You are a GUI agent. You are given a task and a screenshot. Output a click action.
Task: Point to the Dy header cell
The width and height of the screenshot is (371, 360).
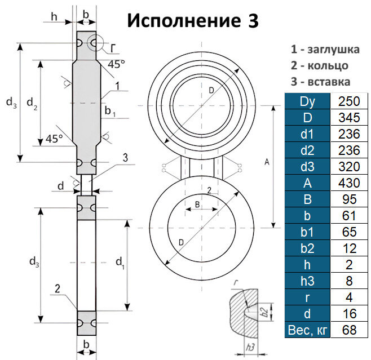[305, 101]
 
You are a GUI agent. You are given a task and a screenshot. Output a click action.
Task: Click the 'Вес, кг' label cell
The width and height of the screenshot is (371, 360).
[305, 330]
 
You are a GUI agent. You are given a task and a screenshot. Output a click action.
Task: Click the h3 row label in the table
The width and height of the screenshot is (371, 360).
[305, 281]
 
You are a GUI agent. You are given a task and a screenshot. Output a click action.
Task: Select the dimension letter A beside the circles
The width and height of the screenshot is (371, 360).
[266, 162]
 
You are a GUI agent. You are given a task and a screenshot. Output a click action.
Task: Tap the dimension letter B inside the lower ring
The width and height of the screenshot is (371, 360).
[197, 203]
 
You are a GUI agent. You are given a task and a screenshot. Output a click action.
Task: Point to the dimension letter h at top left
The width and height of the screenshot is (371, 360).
[54, 16]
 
